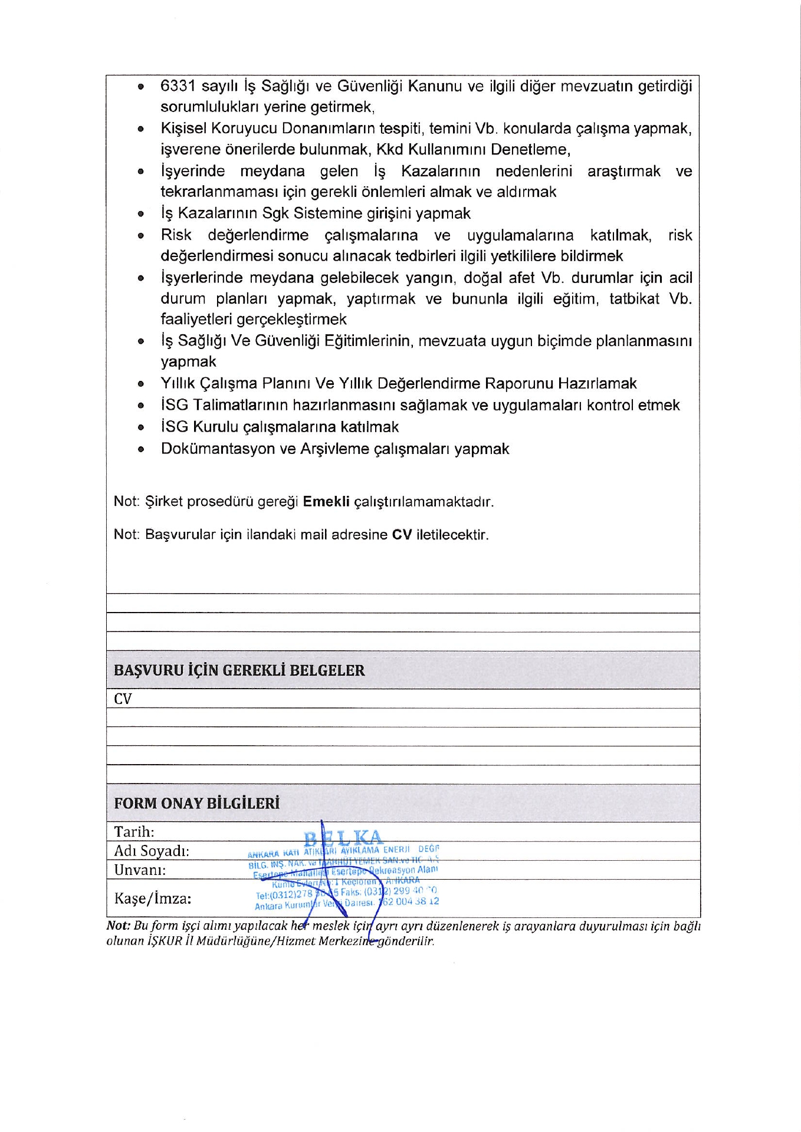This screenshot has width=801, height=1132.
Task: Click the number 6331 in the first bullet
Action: click(178, 87)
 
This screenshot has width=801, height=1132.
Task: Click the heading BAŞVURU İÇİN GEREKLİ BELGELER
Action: click(239, 670)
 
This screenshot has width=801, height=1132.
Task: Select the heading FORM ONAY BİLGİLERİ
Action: click(196, 804)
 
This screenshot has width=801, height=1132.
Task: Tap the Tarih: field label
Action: click(134, 832)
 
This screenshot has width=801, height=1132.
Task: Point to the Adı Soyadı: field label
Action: click(151, 851)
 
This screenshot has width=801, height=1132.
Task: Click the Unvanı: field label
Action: click(140, 870)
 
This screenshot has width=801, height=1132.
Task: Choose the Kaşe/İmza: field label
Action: click(153, 899)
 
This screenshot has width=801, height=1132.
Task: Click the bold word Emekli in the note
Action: click(326, 502)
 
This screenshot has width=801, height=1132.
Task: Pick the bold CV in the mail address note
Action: click(402, 535)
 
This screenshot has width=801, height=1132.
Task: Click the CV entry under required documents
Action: click(123, 699)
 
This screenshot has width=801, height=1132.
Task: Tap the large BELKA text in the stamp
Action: click(343, 838)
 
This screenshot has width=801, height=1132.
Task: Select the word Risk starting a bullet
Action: click(176, 235)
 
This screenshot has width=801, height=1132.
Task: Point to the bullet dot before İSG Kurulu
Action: click(141, 427)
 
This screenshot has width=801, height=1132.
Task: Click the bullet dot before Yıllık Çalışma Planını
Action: click(141, 384)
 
